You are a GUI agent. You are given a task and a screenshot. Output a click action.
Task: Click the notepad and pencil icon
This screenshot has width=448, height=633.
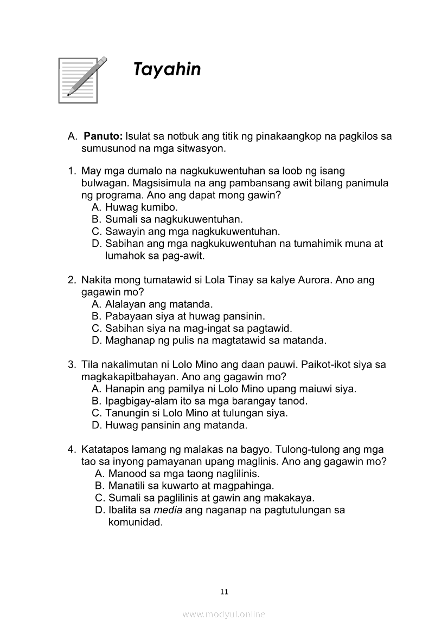82,79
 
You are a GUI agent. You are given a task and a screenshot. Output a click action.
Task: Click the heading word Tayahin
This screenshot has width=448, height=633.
167,70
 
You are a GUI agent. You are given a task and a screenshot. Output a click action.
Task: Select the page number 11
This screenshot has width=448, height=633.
224,591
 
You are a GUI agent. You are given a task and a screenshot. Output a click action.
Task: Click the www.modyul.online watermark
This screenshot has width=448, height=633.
224,614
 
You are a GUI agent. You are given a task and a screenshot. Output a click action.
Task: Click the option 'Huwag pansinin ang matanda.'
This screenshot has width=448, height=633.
176,425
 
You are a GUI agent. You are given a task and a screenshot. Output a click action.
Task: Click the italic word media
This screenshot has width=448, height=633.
168,510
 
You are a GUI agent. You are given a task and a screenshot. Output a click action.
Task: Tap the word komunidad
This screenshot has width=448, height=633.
136,523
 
